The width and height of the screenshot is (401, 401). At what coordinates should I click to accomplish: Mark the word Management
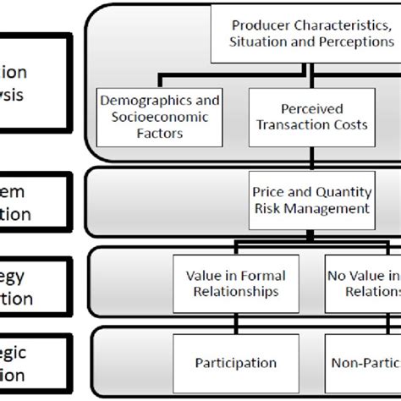click(331, 208)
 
